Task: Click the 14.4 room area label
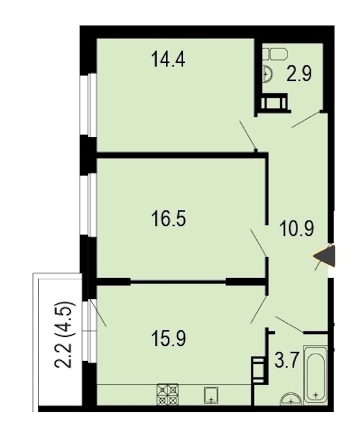point(168,60)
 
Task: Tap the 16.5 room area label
point(169,219)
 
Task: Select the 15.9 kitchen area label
point(169,339)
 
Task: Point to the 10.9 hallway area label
point(296,229)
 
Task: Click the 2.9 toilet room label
point(299,74)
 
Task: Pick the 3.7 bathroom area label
point(286,360)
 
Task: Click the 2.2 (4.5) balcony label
point(65,334)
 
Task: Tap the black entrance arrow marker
point(325,255)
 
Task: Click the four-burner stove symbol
point(168,394)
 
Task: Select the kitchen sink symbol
point(211,395)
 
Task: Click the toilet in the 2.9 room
point(275,54)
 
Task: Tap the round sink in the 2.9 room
point(268,74)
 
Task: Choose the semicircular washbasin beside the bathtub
point(291,400)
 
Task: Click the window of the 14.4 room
point(88,106)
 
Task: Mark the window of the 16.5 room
point(88,205)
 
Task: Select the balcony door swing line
point(98,314)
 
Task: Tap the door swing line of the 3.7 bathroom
point(290,325)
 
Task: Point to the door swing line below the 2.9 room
point(305,120)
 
